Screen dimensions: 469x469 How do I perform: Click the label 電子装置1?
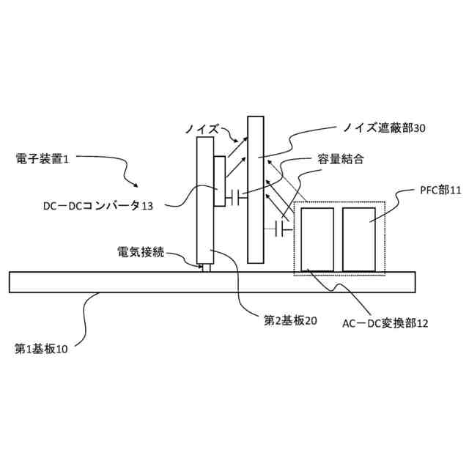click(41, 158)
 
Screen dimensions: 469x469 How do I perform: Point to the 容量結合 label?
click(341, 159)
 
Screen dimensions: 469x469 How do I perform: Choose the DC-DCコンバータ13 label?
click(97, 206)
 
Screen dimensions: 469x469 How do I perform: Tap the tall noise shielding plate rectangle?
click(255, 189)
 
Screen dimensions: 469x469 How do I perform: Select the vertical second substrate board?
click(204, 202)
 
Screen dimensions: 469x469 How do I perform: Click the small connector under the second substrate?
click(206, 268)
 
